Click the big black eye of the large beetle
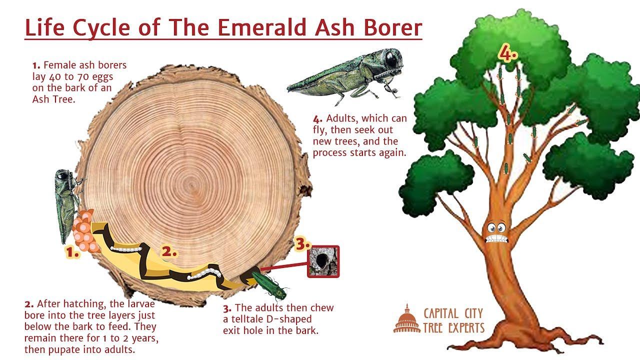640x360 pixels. pos(391,59)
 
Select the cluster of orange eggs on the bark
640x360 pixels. pos(85,231)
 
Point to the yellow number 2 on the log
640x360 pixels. pos(169,251)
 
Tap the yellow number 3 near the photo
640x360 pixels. pos(302,243)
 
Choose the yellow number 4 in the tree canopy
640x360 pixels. pos(507,53)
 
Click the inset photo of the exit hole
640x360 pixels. pos(323,261)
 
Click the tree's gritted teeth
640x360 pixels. pos(497,238)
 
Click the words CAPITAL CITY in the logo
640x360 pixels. pos(453,313)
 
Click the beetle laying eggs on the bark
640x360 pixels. pos(67,205)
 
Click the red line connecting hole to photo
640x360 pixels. pos(285,266)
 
